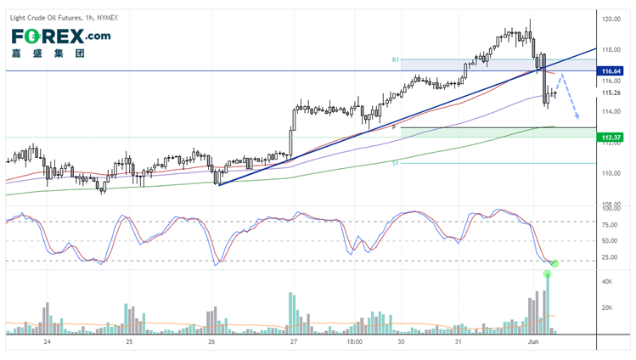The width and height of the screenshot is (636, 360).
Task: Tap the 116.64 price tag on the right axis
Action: pos(613,70)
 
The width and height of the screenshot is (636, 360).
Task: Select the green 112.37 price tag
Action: pos(613,137)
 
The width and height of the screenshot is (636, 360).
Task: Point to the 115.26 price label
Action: pos(612,93)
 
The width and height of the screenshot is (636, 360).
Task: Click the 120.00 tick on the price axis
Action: pos(612,18)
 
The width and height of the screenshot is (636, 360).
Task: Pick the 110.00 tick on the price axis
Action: pos(612,173)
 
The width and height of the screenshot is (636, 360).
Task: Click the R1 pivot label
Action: pos(396,60)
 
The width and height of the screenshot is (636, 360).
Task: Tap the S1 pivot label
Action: pos(395,162)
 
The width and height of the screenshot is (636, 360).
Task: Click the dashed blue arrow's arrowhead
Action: pos(578,117)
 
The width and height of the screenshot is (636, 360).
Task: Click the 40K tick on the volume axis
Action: pos(608,281)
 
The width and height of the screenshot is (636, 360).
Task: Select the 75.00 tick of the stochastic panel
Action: pos(610,225)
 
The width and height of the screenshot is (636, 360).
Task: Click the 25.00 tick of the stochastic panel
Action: pos(610,256)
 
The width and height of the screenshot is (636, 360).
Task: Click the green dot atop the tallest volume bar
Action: pos(547,273)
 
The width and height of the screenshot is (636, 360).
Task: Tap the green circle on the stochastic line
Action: pos(554,264)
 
